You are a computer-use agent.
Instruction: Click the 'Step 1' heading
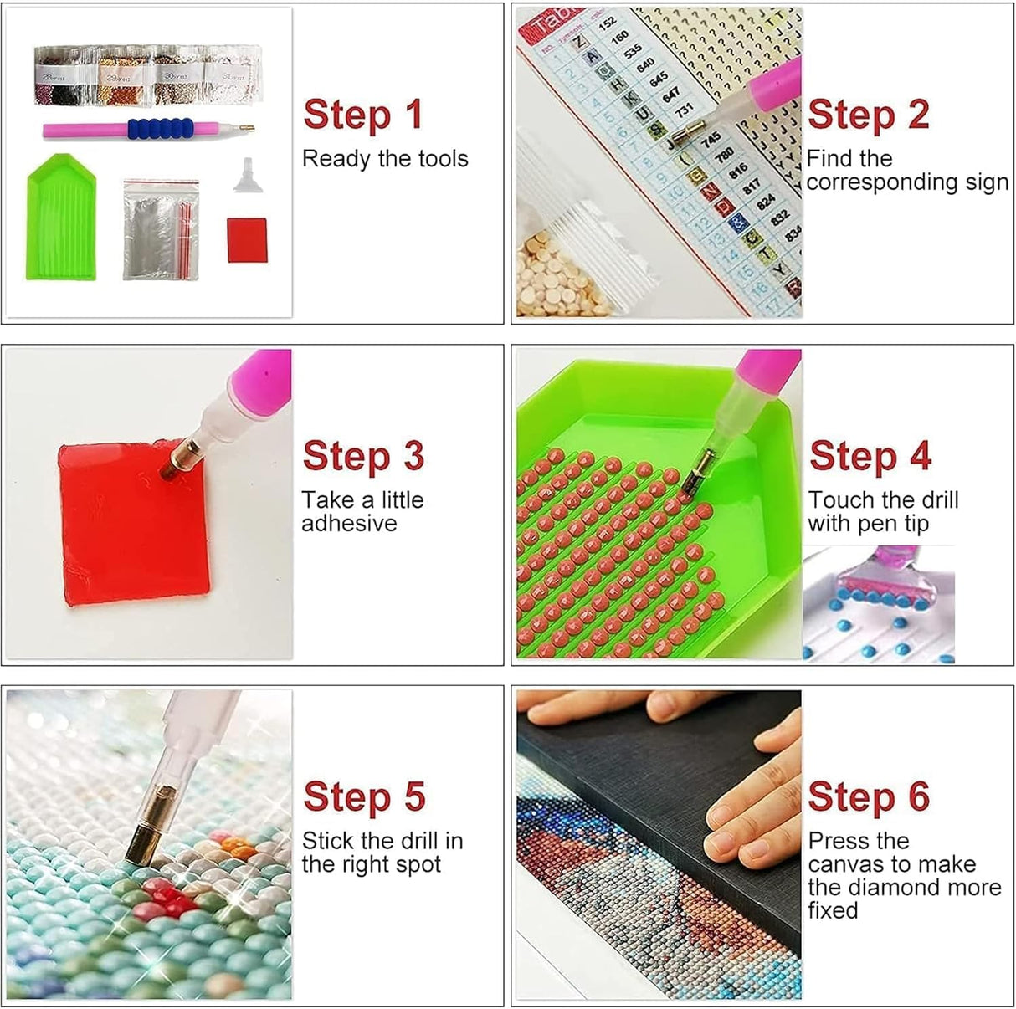(362, 115)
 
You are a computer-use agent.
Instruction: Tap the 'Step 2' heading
(868, 115)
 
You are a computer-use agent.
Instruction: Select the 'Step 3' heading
(363, 456)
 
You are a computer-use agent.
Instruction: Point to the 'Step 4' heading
(870, 456)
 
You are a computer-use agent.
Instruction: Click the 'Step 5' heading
(364, 796)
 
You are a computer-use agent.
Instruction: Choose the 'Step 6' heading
(869, 796)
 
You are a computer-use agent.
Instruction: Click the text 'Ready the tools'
(385, 159)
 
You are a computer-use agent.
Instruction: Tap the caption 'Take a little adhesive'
(362, 511)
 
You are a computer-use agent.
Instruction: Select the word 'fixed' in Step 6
(833, 910)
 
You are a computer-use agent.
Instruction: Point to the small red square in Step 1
(247, 239)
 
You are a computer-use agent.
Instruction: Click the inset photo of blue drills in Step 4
(878, 604)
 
